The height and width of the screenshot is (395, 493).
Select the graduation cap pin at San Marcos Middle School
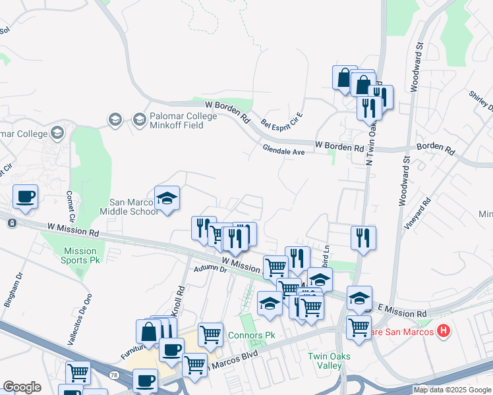[167, 199]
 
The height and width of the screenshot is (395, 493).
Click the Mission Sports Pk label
[80, 255]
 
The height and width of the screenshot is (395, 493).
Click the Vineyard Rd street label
[417, 211]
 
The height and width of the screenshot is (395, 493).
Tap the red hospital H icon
[444, 330]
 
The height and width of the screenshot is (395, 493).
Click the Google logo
[22, 387]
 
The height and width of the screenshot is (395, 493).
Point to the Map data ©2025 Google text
[451, 390]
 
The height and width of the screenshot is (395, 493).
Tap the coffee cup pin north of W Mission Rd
[25, 197]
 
